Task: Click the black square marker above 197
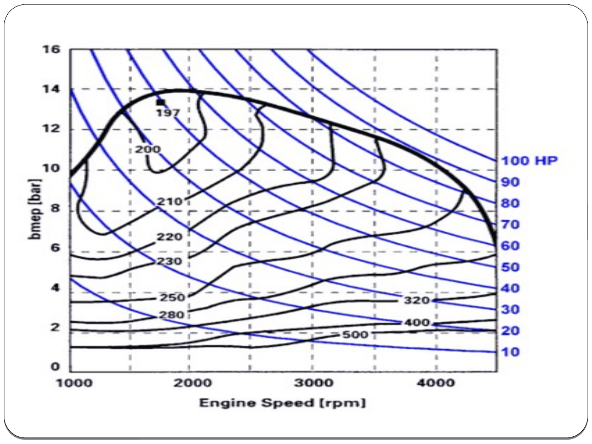[160, 102]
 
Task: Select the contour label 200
[147, 149]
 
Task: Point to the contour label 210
[170, 202]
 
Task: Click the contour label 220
[170, 238]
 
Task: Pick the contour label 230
[170, 261]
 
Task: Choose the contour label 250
[172, 298]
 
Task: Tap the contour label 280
[172, 315]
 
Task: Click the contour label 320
[417, 301]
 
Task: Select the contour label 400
[417, 323]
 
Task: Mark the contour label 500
[356, 334]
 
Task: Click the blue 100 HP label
[529, 161]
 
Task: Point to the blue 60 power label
[510, 246]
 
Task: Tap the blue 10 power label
[510, 352]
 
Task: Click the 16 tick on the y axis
[52, 49]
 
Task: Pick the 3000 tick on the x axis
[313, 382]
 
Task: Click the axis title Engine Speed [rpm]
[282, 403]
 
